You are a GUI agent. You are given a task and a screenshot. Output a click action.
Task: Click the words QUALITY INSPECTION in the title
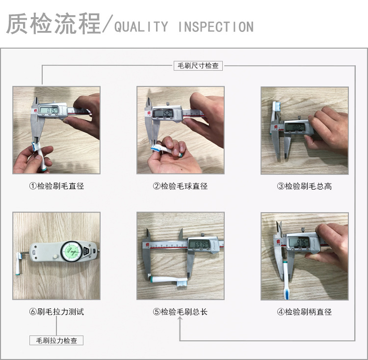point(184,27)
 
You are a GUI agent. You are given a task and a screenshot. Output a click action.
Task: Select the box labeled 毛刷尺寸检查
point(198,66)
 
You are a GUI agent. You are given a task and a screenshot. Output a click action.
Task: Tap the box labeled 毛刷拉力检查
point(56,340)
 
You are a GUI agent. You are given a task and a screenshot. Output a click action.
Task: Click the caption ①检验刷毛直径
point(56,186)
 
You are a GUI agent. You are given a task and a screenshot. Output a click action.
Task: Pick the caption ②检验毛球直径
point(180,186)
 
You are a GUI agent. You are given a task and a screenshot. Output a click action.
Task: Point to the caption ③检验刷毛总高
point(304,186)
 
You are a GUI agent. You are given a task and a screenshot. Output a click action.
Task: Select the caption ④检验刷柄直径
point(304,311)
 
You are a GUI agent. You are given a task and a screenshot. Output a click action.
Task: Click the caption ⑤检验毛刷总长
point(180,311)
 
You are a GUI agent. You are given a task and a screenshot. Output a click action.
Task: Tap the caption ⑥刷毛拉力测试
point(56,311)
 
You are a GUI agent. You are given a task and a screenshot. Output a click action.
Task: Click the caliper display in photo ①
point(49,110)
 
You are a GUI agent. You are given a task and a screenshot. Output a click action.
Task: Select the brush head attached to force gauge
point(22,256)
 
